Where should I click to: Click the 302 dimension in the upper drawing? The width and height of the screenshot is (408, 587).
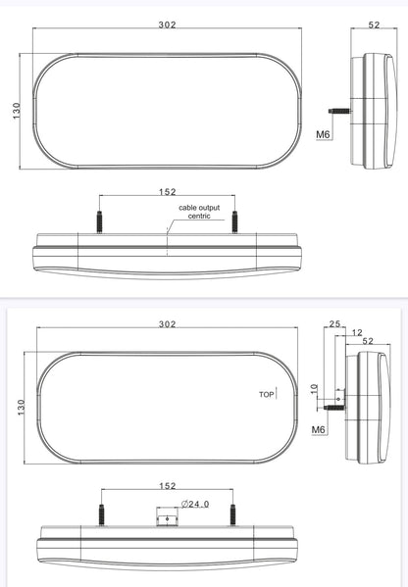click(x=167, y=24)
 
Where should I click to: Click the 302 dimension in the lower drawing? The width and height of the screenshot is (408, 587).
click(x=167, y=323)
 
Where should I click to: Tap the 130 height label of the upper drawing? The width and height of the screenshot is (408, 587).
click(x=17, y=111)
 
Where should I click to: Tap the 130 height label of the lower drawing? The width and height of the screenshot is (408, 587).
click(x=21, y=408)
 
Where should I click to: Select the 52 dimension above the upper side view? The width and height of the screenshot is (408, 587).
click(x=374, y=24)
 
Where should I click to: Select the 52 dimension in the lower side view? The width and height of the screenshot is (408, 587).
click(x=368, y=341)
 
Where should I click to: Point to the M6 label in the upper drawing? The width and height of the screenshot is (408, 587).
click(x=323, y=134)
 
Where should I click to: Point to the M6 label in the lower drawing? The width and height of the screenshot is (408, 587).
click(x=318, y=429)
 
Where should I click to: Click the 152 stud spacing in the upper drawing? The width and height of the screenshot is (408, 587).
click(x=167, y=192)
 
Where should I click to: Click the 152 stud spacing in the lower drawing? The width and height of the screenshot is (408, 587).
click(x=167, y=485)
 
